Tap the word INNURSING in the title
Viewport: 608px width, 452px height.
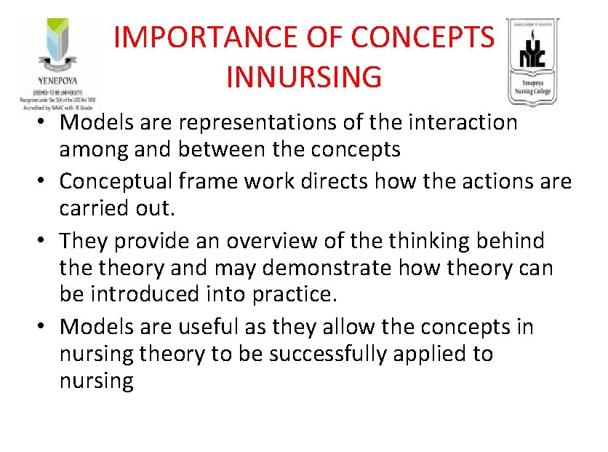click(303, 76)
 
